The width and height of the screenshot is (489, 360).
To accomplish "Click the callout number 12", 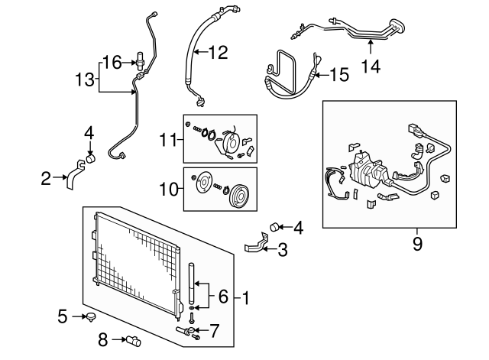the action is click(219, 53).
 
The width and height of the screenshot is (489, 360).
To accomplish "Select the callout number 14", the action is click(371, 66).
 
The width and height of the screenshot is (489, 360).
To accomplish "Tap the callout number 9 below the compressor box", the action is click(417, 244).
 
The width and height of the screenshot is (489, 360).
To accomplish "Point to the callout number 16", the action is click(112, 63).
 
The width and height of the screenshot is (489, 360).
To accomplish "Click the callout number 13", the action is click(85, 79).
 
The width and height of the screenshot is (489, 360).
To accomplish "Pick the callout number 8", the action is click(103, 339).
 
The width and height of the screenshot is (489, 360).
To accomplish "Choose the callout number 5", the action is click(63, 316).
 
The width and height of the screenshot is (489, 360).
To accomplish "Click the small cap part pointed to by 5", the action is click(91, 317).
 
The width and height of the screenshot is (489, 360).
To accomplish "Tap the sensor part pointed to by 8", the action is click(134, 341).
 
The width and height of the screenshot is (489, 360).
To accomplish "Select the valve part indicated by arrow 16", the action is click(141, 60).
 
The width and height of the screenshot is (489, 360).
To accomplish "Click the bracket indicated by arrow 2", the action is click(76, 175).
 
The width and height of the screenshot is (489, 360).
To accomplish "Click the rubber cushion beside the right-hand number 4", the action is click(274, 227).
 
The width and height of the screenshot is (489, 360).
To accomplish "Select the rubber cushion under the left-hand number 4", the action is click(90, 158).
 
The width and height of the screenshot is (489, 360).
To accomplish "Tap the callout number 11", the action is click(168, 140).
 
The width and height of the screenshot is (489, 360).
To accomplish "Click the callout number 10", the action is click(169, 189).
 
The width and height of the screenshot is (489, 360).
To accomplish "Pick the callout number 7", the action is click(214, 331).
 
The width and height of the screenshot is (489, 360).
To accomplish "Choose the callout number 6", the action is click(223, 297).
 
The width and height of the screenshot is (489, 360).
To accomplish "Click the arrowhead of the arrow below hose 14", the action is click(371, 43).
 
